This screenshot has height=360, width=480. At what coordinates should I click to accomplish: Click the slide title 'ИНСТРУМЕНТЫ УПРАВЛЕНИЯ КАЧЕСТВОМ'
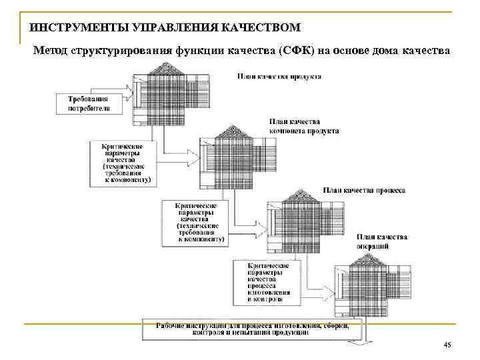tap(165, 27)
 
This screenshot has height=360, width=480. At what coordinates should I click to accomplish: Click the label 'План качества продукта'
tap(280, 76)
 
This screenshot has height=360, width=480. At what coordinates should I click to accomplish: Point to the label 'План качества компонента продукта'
tap(303, 126)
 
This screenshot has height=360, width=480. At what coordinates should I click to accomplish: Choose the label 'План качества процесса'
tap(364, 190)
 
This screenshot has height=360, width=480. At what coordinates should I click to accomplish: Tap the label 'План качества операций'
tap(382, 241)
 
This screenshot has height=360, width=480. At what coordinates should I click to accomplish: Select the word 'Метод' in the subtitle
tap(50, 50)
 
